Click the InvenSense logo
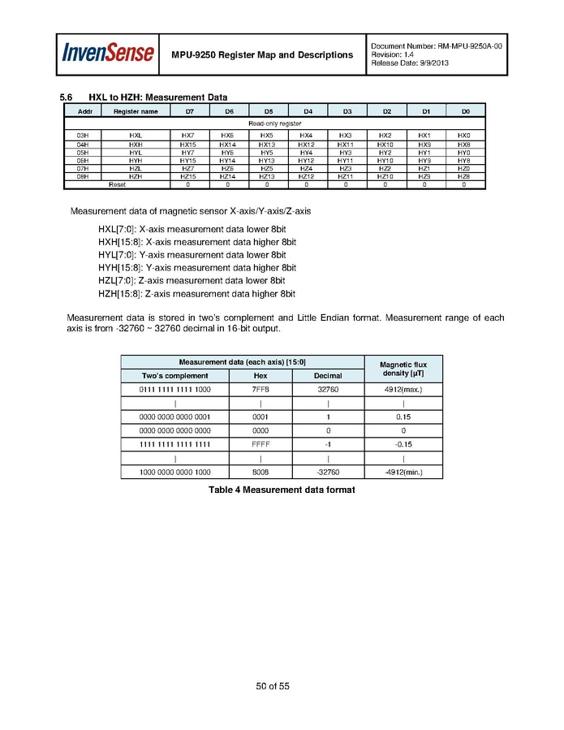pos(108,54)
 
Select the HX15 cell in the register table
pos(188,144)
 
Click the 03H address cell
pos(83,135)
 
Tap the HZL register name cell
pos(136,168)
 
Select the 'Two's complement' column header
pos(174,375)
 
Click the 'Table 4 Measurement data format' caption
pos(282,490)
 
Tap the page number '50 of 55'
pos(273,686)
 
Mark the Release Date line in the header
pos(409,63)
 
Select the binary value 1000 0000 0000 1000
pos(174,472)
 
